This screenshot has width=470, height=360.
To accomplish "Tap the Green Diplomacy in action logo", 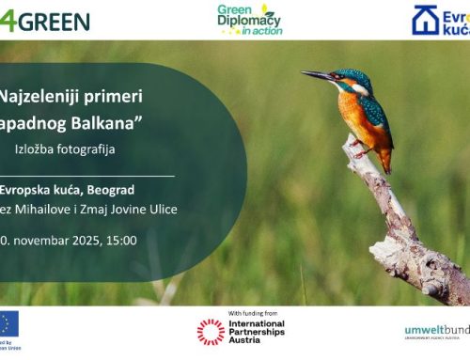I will click(x=249, y=19).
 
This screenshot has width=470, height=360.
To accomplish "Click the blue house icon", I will click(x=425, y=21).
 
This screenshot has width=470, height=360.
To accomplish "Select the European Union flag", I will click(x=8, y=324).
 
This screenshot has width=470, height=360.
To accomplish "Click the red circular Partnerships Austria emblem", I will click(x=211, y=331).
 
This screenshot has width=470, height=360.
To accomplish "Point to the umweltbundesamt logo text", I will click(x=437, y=329).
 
